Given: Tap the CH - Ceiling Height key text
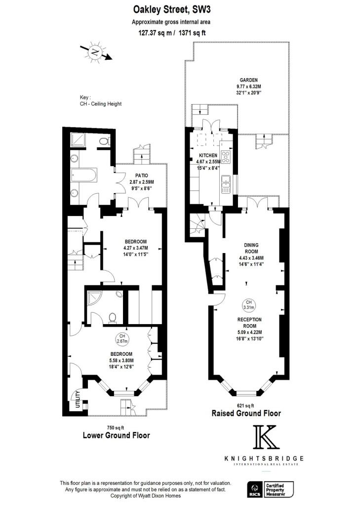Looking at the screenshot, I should [x=101, y=104].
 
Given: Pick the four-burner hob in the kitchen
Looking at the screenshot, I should [x=226, y=158].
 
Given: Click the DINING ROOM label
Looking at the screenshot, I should [x=251, y=248].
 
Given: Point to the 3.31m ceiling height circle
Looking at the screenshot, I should [x=248, y=305].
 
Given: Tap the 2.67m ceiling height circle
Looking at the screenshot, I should [x=121, y=338].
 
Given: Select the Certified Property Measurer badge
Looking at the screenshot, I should [x=280, y=490].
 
